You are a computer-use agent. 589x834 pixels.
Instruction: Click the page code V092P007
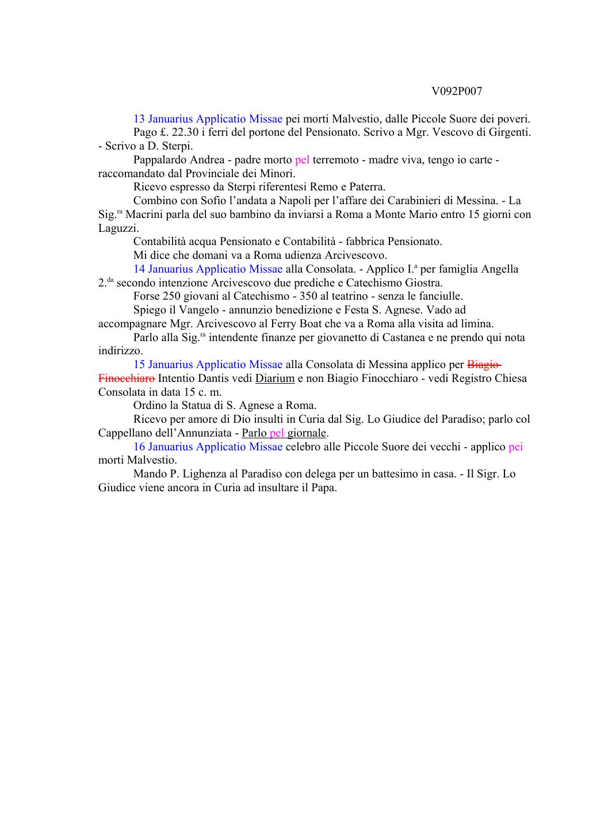click(456, 91)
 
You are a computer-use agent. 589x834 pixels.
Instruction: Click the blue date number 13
click(139, 119)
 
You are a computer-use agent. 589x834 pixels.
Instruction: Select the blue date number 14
click(139, 269)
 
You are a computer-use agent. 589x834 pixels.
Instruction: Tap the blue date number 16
click(139, 446)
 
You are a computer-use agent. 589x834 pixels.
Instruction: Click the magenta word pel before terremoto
click(302, 160)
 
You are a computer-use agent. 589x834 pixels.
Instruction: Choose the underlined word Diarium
click(275, 378)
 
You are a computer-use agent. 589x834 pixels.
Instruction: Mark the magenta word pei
click(515, 446)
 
